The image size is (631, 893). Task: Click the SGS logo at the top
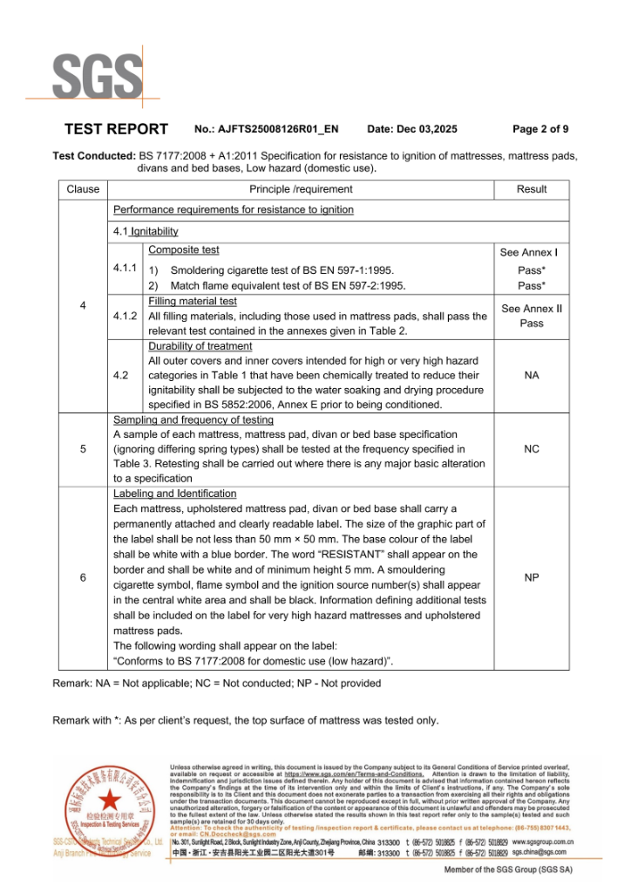click(97, 78)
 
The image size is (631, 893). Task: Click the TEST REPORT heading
click(116, 129)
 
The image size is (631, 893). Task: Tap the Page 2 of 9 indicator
click(540, 129)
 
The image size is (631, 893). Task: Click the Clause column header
click(83, 189)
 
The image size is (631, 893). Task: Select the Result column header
click(531, 189)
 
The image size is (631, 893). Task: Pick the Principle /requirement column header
click(301, 189)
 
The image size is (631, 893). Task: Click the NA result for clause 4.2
click(531, 375)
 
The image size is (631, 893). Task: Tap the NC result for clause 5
click(531, 449)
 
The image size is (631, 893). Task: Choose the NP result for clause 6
click(531, 577)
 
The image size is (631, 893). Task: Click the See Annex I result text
click(528, 253)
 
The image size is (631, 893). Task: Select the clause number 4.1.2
click(126, 316)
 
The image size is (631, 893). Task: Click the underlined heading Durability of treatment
click(200, 346)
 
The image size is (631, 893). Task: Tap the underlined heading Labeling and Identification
click(175, 494)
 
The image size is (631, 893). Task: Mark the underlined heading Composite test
click(184, 250)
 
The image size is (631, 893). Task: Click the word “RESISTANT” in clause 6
click(284, 555)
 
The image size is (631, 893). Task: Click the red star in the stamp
click(109, 801)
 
